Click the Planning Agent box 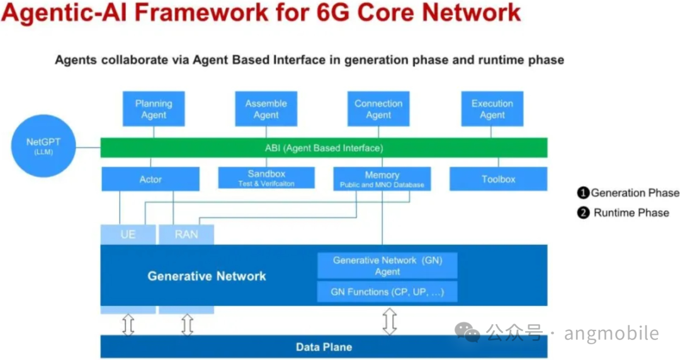click(x=154, y=109)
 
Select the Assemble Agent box click(x=266, y=109)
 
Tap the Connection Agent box click(x=378, y=109)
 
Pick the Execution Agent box click(x=492, y=109)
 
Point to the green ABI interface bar click(x=324, y=148)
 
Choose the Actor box click(x=150, y=179)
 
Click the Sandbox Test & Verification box click(x=266, y=178)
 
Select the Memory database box click(x=382, y=179)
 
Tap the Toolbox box click(x=498, y=179)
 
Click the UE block click(x=128, y=234)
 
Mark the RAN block click(x=186, y=234)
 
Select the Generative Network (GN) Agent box click(x=387, y=266)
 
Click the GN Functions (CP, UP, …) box click(x=387, y=292)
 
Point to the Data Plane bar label click(x=324, y=347)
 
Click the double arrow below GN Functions click(x=390, y=320)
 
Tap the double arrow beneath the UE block click(x=128, y=324)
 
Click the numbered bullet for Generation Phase click(x=583, y=193)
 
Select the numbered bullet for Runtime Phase click(x=583, y=213)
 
